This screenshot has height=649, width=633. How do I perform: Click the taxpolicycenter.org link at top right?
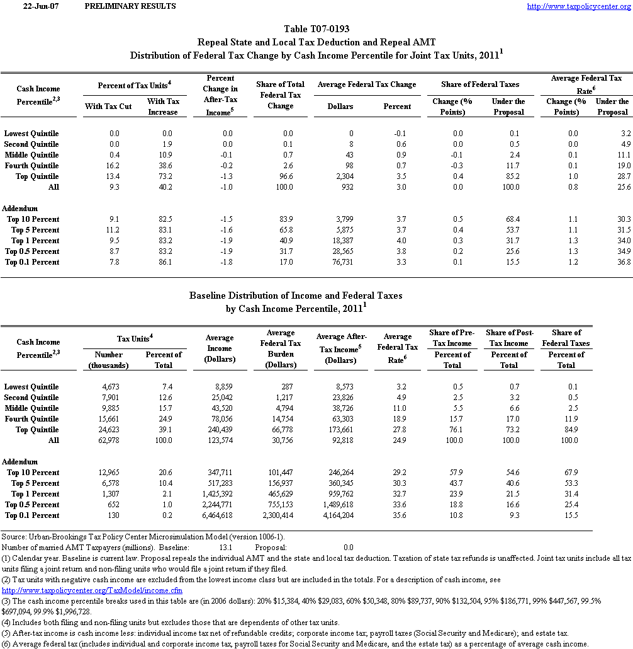click(x=578, y=6)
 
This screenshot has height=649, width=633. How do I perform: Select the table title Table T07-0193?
click(x=316, y=29)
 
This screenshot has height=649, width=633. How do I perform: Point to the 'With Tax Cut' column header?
click(x=108, y=106)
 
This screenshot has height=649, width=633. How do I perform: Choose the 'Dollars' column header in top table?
click(x=340, y=106)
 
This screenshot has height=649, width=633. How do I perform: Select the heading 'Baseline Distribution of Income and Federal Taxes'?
click(x=296, y=295)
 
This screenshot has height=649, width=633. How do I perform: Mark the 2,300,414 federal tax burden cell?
click(x=278, y=515)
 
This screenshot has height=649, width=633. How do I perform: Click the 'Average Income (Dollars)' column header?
click(x=220, y=348)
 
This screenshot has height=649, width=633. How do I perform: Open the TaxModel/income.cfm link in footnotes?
click(x=92, y=590)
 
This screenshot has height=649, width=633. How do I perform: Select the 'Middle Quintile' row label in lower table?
click(x=31, y=408)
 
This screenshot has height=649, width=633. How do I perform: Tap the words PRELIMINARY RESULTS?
click(x=130, y=6)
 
